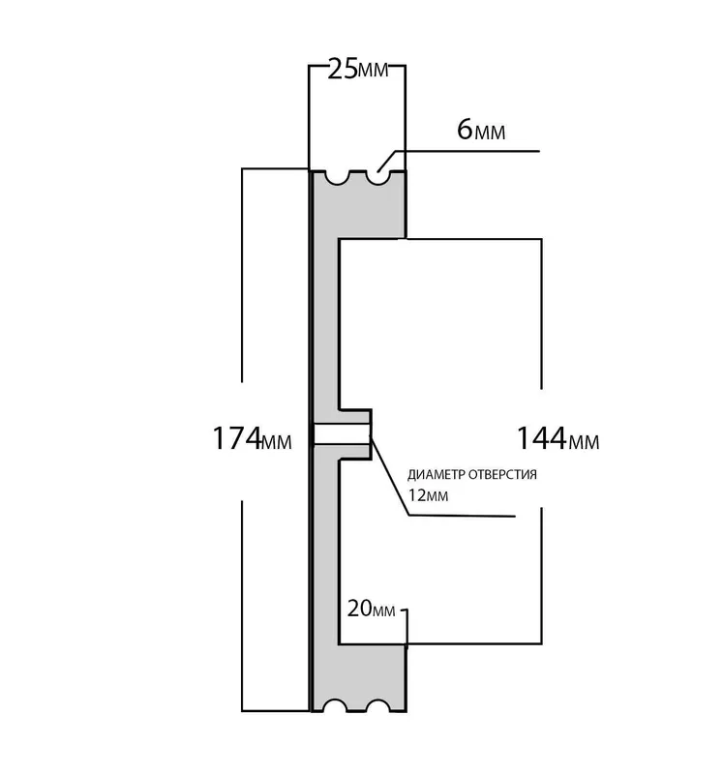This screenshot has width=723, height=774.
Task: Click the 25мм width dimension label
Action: (x=358, y=70)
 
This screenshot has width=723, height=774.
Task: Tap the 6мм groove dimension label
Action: (x=481, y=131)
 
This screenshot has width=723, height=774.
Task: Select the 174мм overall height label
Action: (x=252, y=438)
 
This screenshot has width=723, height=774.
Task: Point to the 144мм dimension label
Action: (x=558, y=438)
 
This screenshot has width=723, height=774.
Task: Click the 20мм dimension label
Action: (x=372, y=610)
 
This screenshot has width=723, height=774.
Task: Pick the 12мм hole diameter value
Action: (x=428, y=495)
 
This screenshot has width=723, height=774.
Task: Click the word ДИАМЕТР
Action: (x=437, y=475)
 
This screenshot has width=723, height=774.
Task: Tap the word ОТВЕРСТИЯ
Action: (x=502, y=475)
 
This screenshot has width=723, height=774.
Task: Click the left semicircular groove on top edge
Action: (x=338, y=178)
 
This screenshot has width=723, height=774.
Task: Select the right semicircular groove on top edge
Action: (x=377, y=178)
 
